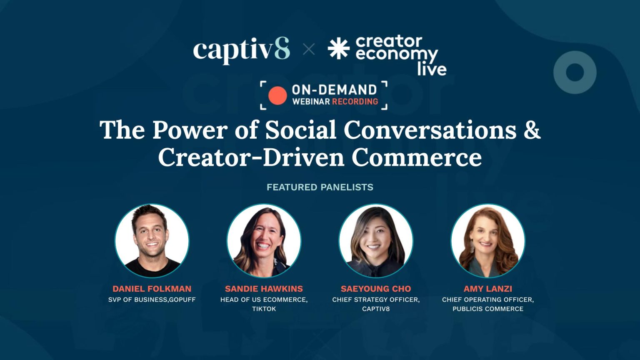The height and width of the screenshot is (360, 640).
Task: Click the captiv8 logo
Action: tap(241, 50)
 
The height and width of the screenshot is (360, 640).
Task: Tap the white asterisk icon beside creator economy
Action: tap(338, 48)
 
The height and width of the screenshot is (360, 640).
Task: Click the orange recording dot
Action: tap(277, 95)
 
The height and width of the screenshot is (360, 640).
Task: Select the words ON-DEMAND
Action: tap(334, 90)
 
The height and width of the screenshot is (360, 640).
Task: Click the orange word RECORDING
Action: tap(355, 101)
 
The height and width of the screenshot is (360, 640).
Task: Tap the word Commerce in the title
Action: tap(416, 157)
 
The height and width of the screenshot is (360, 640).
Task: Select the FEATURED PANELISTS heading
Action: tap(320, 187)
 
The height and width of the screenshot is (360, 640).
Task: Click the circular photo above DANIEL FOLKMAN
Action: tap(152, 241)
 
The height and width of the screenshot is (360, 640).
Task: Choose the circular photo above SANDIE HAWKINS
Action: tap(264, 241)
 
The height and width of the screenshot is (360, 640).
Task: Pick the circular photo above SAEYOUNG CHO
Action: tap(376, 241)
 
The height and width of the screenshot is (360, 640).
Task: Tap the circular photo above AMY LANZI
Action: tap(488, 241)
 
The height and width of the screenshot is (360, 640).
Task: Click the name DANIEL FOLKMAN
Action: tap(152, 289)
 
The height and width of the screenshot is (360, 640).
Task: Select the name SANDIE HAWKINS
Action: tap(264, 289)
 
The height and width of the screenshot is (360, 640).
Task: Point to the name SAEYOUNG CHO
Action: tap(376, 289)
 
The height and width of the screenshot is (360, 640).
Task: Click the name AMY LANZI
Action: tap(488, 289)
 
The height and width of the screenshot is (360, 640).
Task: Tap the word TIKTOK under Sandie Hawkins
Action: tap(264, 309)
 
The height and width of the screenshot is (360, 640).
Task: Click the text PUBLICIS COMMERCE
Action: tap(488, 309)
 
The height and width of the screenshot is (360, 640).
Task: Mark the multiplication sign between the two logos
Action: tap(309, 50)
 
